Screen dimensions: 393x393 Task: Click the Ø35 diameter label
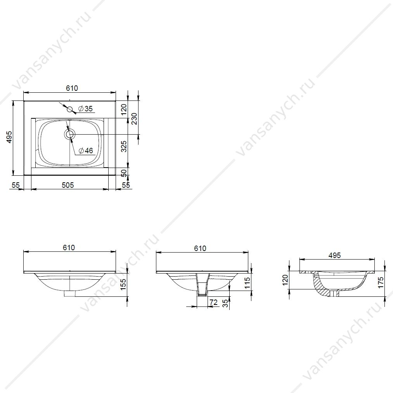(x=85, y=109)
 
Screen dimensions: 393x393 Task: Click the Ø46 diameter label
(x=86, y=151)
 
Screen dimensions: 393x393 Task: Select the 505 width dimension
(x=68, y=185)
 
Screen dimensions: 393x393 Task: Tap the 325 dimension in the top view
(x=124, y=147)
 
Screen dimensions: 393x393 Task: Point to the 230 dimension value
(x=135, y=119)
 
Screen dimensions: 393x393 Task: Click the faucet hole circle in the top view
(x=70, y=109)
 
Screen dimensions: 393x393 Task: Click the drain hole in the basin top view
(x=70, y=134)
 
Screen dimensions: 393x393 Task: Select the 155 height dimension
(x=124, y=284)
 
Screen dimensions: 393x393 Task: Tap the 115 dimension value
(x=247, y=283)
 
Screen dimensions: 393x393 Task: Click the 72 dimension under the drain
(x=213, y=302)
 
